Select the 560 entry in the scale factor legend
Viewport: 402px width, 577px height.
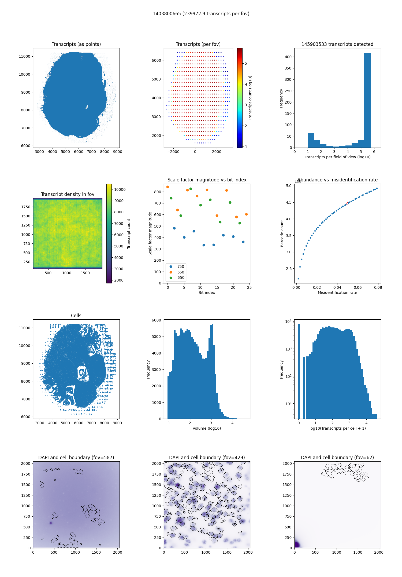coord(181,272)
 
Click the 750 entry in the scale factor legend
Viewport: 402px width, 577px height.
coord(181,266)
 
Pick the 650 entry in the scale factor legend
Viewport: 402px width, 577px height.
coord(181,278)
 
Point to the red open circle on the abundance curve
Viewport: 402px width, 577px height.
coord(347,203)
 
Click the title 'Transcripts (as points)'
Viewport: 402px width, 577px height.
coord(76,44)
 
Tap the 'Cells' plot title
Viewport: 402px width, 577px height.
coord(76,316)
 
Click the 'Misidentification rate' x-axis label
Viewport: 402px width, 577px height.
coord(337,293)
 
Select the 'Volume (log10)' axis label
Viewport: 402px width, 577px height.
coord(207,428)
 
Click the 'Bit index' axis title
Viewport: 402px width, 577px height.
coord(207,293)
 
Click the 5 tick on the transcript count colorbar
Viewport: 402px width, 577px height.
coord(246,63)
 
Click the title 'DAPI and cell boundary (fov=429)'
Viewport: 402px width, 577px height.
coord(207,458)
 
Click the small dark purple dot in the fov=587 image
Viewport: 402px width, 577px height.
coord(51,523)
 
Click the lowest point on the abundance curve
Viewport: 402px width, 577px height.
coord(298,279)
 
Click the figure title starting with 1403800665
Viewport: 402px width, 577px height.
coord(201,14)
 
